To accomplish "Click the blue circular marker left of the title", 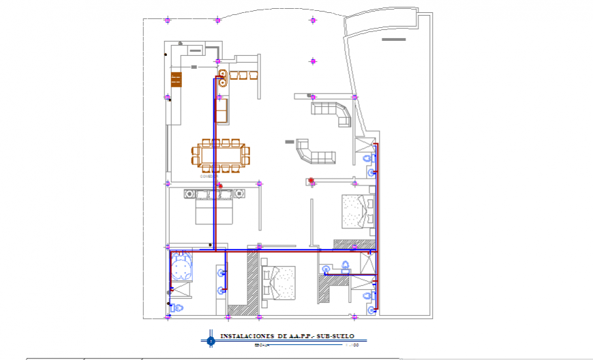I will (211, 339).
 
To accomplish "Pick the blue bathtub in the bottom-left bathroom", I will (182, 267).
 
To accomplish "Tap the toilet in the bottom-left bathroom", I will (179, 307).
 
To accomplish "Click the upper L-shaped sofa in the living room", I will (332, 112).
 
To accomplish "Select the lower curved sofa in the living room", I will (314, 153).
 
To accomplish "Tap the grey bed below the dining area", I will (215, 207).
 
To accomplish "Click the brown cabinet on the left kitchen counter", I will (177, 80).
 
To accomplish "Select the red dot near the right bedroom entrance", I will (311, 181).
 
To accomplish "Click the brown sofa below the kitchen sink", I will (222, 110).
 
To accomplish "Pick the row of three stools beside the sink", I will (244, 74).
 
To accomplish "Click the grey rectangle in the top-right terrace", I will (393, 40).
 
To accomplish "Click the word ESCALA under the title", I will (262, 345).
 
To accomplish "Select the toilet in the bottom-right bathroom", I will (368, 296).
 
